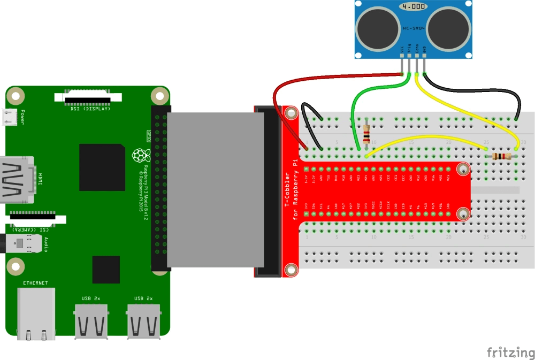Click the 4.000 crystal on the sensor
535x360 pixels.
414,7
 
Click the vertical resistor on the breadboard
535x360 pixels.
366,134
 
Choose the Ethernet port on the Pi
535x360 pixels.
36,313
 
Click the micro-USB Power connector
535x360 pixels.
9,117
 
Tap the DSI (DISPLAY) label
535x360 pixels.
90,109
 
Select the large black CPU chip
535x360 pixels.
102,167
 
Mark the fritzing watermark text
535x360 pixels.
510,353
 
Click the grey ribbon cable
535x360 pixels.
214,190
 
